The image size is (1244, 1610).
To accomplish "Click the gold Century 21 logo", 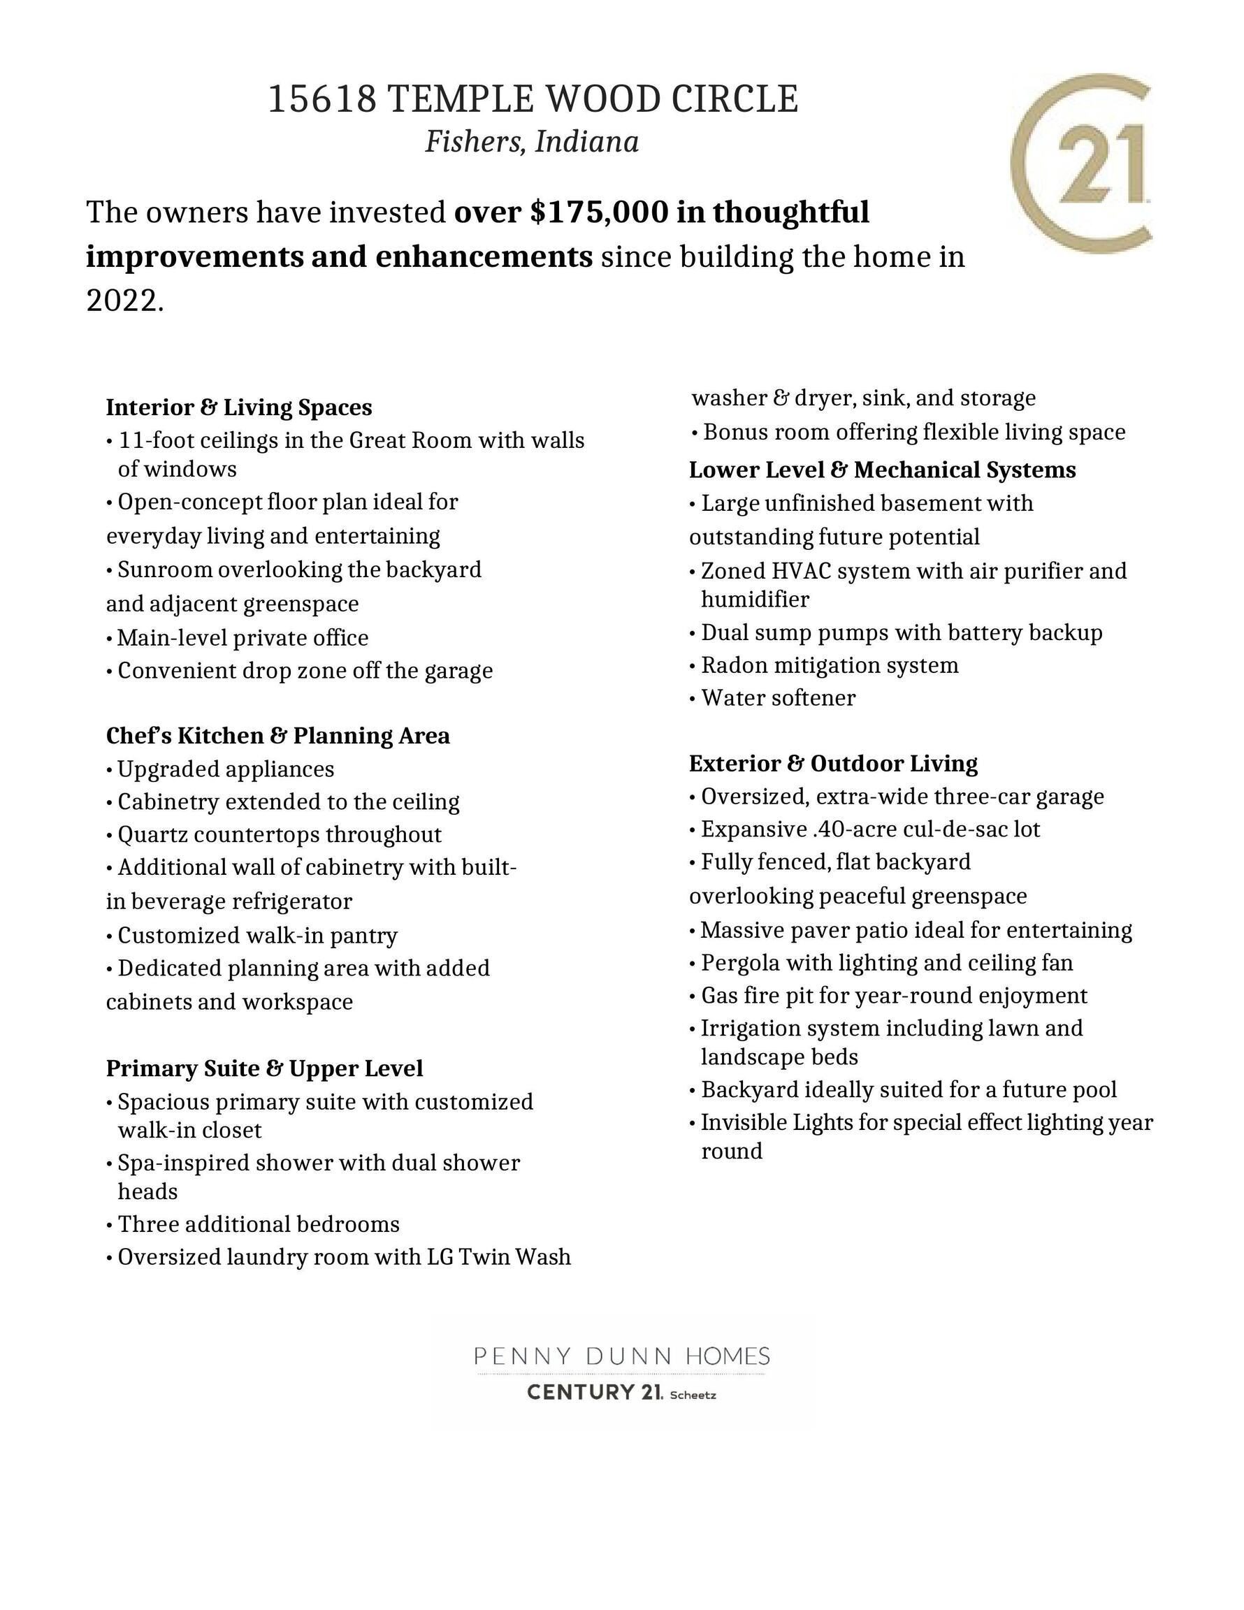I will click(x=1080, y=163).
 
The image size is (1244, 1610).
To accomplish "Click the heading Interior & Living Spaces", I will click(x=239, y=407).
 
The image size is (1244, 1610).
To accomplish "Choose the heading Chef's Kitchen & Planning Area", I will click(x=277, y=736).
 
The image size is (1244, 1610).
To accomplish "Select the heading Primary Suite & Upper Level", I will click(x=264, y=1068).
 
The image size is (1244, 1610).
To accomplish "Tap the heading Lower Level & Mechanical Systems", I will click(x=882, y=470).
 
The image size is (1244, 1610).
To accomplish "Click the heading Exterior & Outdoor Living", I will click(x=833, y=763).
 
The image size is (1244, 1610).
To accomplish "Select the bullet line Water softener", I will click(x=777, y=698).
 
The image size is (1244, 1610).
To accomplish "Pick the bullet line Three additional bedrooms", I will click(x=258, y=1224).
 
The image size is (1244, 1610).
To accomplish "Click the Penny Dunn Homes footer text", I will click(x=621, y=1356).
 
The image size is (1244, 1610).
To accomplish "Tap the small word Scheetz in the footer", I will click(x=693, y=1395).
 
